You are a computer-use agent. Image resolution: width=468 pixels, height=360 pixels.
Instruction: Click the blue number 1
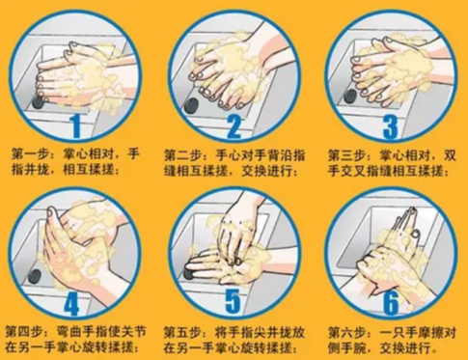coord(76,125)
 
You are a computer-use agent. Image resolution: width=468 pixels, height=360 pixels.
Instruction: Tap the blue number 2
coord(234,126)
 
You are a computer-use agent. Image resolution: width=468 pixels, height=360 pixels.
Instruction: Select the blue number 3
coord(391,127)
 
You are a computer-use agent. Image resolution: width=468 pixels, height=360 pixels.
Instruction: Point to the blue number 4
coord(71,304)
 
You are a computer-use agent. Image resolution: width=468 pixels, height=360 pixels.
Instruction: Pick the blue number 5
coord(233,301)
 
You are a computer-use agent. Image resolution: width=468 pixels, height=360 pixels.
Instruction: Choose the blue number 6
coord(391,302)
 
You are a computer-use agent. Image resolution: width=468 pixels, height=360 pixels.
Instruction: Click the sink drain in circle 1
coord(39,100)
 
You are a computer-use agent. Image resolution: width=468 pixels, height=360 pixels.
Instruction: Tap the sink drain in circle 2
coord(191,106)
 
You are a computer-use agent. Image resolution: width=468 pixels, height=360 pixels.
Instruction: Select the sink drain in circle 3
coord(350,96)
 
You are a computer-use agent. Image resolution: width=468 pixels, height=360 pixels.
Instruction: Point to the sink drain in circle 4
coord(35,276)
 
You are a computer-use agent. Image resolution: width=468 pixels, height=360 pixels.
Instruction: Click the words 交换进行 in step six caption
coord(405,347)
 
